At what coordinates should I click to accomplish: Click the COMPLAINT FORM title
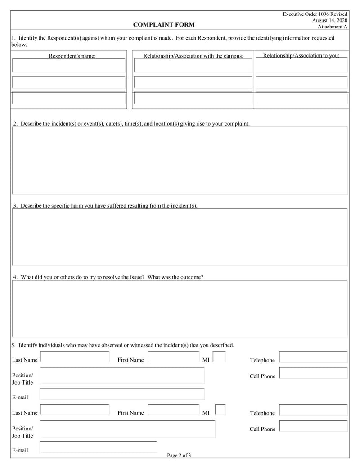click(164, 24)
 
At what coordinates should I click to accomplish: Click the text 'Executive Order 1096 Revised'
click(315, 14)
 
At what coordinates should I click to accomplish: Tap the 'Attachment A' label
click(333, 27)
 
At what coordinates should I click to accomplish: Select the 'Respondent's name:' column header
click(72, 56)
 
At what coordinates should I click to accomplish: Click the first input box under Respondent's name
click(69, 66)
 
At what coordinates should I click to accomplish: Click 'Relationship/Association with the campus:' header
click(193, 56)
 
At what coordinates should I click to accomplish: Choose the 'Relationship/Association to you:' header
click(301, 56)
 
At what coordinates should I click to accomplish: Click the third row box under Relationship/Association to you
click(301, 99)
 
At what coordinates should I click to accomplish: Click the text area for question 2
click(180, 160)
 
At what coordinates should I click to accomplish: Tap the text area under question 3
click(180, 237)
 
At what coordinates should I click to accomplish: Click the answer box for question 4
click(180, 308)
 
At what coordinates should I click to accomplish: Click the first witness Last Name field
click(75, 357)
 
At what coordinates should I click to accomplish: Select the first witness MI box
click(219, 357)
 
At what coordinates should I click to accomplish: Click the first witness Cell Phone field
click(313, 373)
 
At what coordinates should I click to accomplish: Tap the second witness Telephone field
click(313, 410)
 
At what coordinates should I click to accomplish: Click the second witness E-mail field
click(99, 447)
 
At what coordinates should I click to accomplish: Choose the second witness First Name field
click(173, 410)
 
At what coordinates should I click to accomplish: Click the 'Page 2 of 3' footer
click(179, 455)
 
